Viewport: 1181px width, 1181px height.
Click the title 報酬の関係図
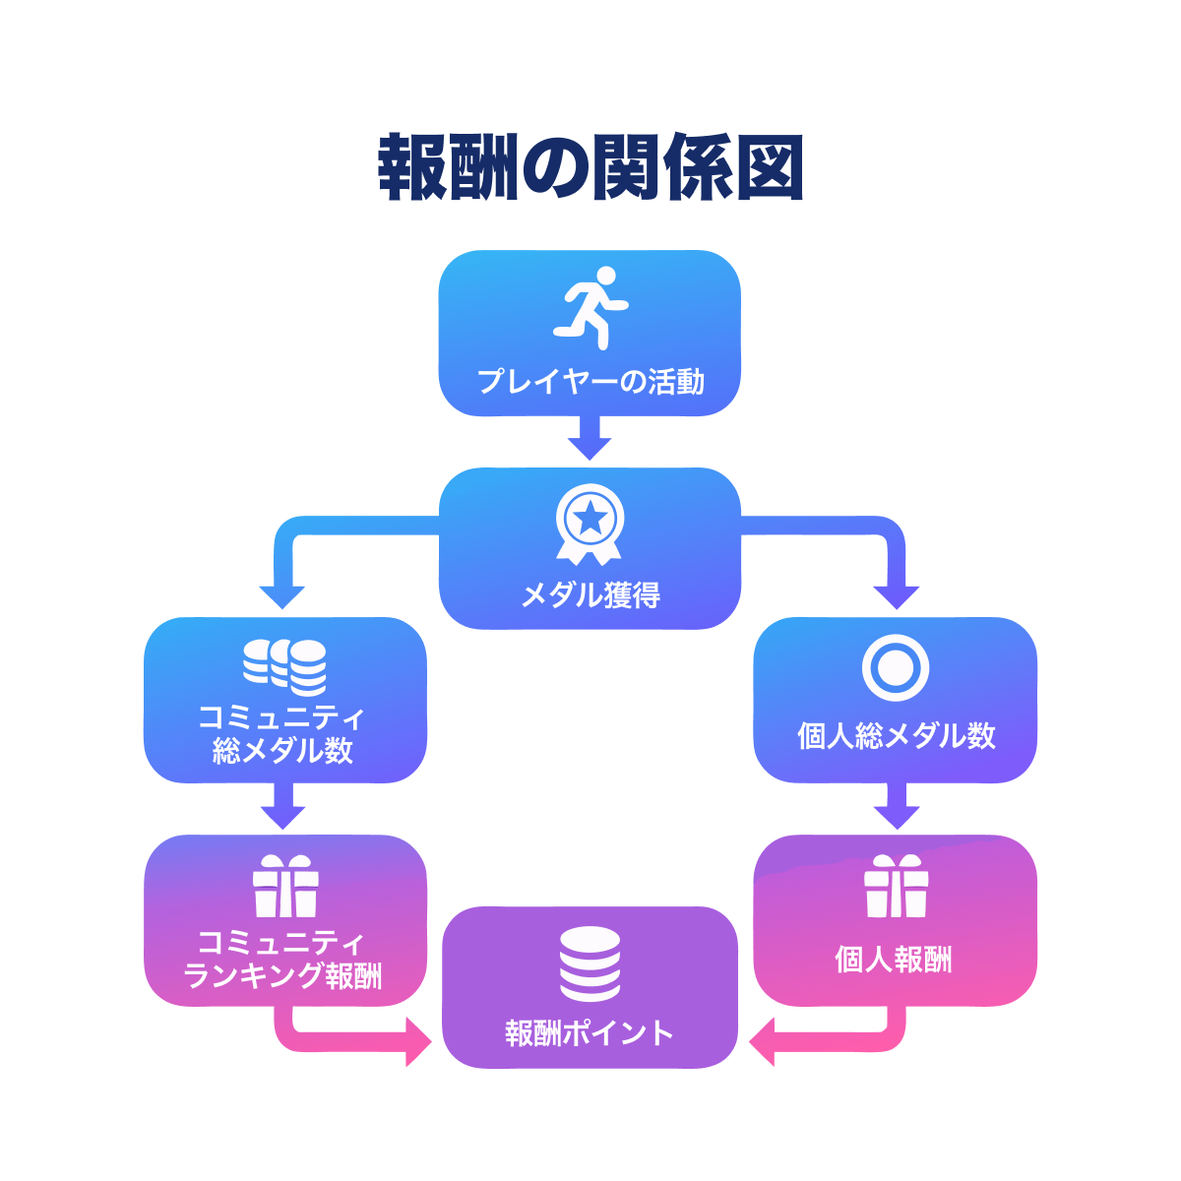click(590, 168)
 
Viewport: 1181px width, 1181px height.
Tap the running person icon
click(590, 306)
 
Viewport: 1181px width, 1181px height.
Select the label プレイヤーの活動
click(590, 381)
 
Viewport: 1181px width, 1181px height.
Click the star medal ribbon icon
click(590, 525)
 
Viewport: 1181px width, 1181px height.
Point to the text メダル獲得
click(590, 595)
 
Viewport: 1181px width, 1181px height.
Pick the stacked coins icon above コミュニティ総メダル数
click(284, 666)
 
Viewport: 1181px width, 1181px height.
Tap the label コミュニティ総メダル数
click(283, 734)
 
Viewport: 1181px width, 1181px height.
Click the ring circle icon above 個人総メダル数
click(896, 667)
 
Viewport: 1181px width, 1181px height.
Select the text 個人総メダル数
click(896, 736)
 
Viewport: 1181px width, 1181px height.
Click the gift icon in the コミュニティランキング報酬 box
click(285, 887)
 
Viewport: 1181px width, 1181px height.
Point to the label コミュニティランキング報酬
click(283, 960)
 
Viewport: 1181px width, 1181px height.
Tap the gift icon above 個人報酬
click(896, 887)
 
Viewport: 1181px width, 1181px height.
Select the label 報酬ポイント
click(590, 1033)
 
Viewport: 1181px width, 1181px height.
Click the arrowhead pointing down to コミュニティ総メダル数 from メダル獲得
click(282, 596)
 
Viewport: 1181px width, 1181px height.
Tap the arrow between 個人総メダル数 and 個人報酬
click(896, 807)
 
